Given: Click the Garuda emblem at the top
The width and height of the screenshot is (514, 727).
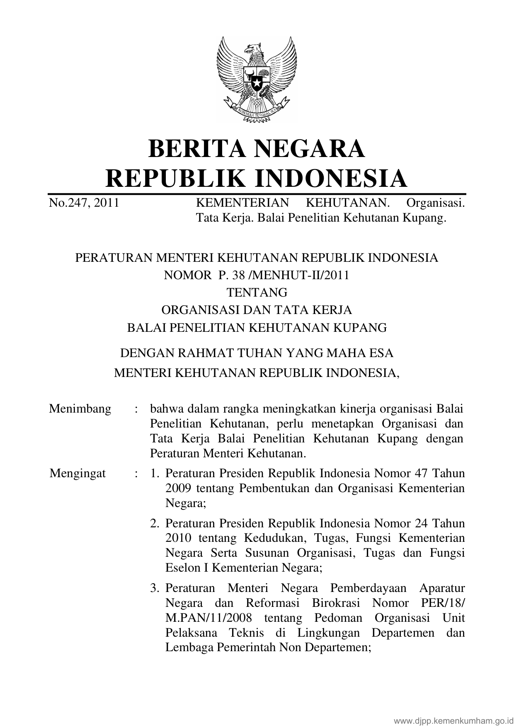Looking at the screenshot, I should click(257, 80).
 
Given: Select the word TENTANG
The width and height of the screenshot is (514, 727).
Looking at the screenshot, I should click(257, 292).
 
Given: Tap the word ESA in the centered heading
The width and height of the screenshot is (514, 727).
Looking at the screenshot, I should click(380, 353).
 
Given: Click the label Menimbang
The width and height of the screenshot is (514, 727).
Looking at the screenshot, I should click(80, 409).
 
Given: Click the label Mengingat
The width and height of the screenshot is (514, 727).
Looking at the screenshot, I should click(78, 473).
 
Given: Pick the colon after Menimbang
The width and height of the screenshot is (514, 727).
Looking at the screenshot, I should click(136, 409).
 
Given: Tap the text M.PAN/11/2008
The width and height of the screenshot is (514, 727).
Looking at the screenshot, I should click(209, 618).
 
